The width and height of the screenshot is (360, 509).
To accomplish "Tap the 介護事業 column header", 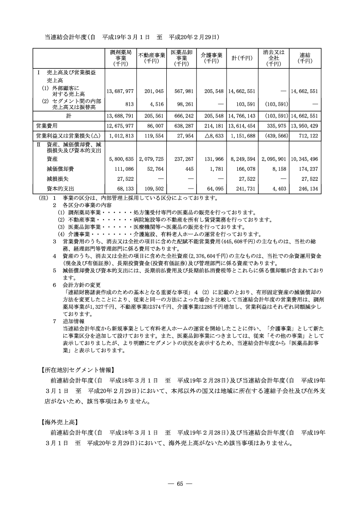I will tap(211, 58).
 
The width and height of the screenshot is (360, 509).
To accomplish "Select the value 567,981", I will tap(182, 91).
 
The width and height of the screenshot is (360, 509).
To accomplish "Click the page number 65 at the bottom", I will tap(180, 484).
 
